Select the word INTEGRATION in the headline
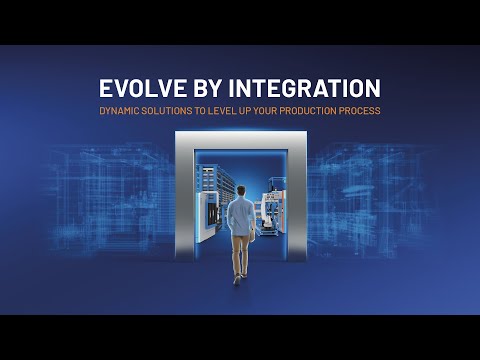pyautogui.click(x=304, y=88)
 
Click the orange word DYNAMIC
pyautogui.click(x=119, y=111)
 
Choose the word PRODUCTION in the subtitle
pyautogui.click(x=308, y=111)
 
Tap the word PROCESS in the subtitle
pyautogui.click(x=360, y=111)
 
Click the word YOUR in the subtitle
pyautogui.click(x=265, y=111)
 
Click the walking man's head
pyautogui.click(x=241, y=191)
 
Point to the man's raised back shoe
pyautogui.click(x=237, y=280)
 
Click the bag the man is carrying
pyautogui.click(x=252, y=235)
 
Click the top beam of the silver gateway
pyautogui.click(x=241, y=140)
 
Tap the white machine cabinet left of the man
pyautogui.click(x=207, y=217)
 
